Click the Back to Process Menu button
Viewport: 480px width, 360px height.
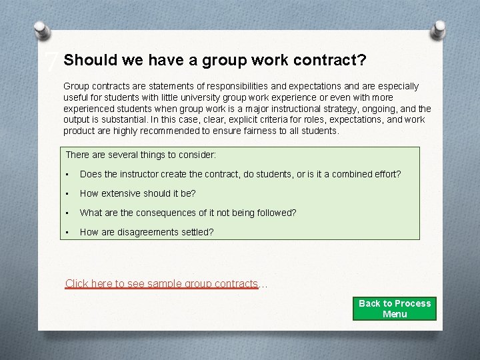(x=395, y=308)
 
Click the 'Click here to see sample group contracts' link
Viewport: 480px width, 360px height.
(x=161, y=284)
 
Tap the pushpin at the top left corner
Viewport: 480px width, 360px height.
(x=41, y=30)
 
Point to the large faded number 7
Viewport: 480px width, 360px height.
(x=51, y=63)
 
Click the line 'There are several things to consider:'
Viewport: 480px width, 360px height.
(x=141, y=155)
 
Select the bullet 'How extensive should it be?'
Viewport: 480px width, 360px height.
(x=137, y=193)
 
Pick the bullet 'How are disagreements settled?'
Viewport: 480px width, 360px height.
(x=147, y=232)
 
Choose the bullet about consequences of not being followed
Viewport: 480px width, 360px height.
(x=188, y=213)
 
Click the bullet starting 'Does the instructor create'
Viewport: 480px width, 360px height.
(x=240, y=174)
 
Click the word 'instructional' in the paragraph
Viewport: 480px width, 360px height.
(x=316, y=109)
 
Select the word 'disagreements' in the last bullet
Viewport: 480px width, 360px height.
(x=147, y=232)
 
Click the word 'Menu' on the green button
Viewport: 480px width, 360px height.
(x=395, y=314)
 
